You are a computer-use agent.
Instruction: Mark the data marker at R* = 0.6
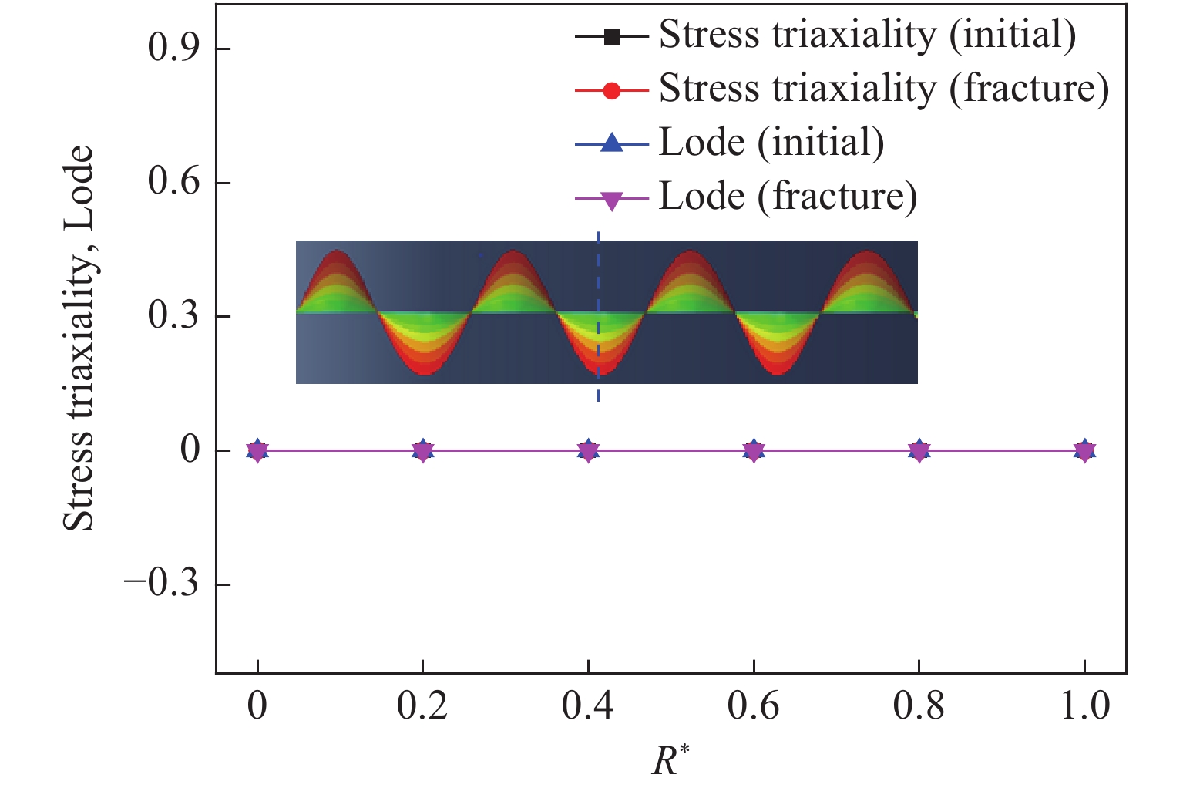[x=754, y=450]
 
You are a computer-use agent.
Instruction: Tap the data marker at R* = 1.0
[x=1085, y=450]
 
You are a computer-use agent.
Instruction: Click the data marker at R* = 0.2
[x=422, y=450]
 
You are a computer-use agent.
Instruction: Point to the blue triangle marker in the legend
[x=611, y=143]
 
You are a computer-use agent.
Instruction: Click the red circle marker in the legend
[x=611, y=89]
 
